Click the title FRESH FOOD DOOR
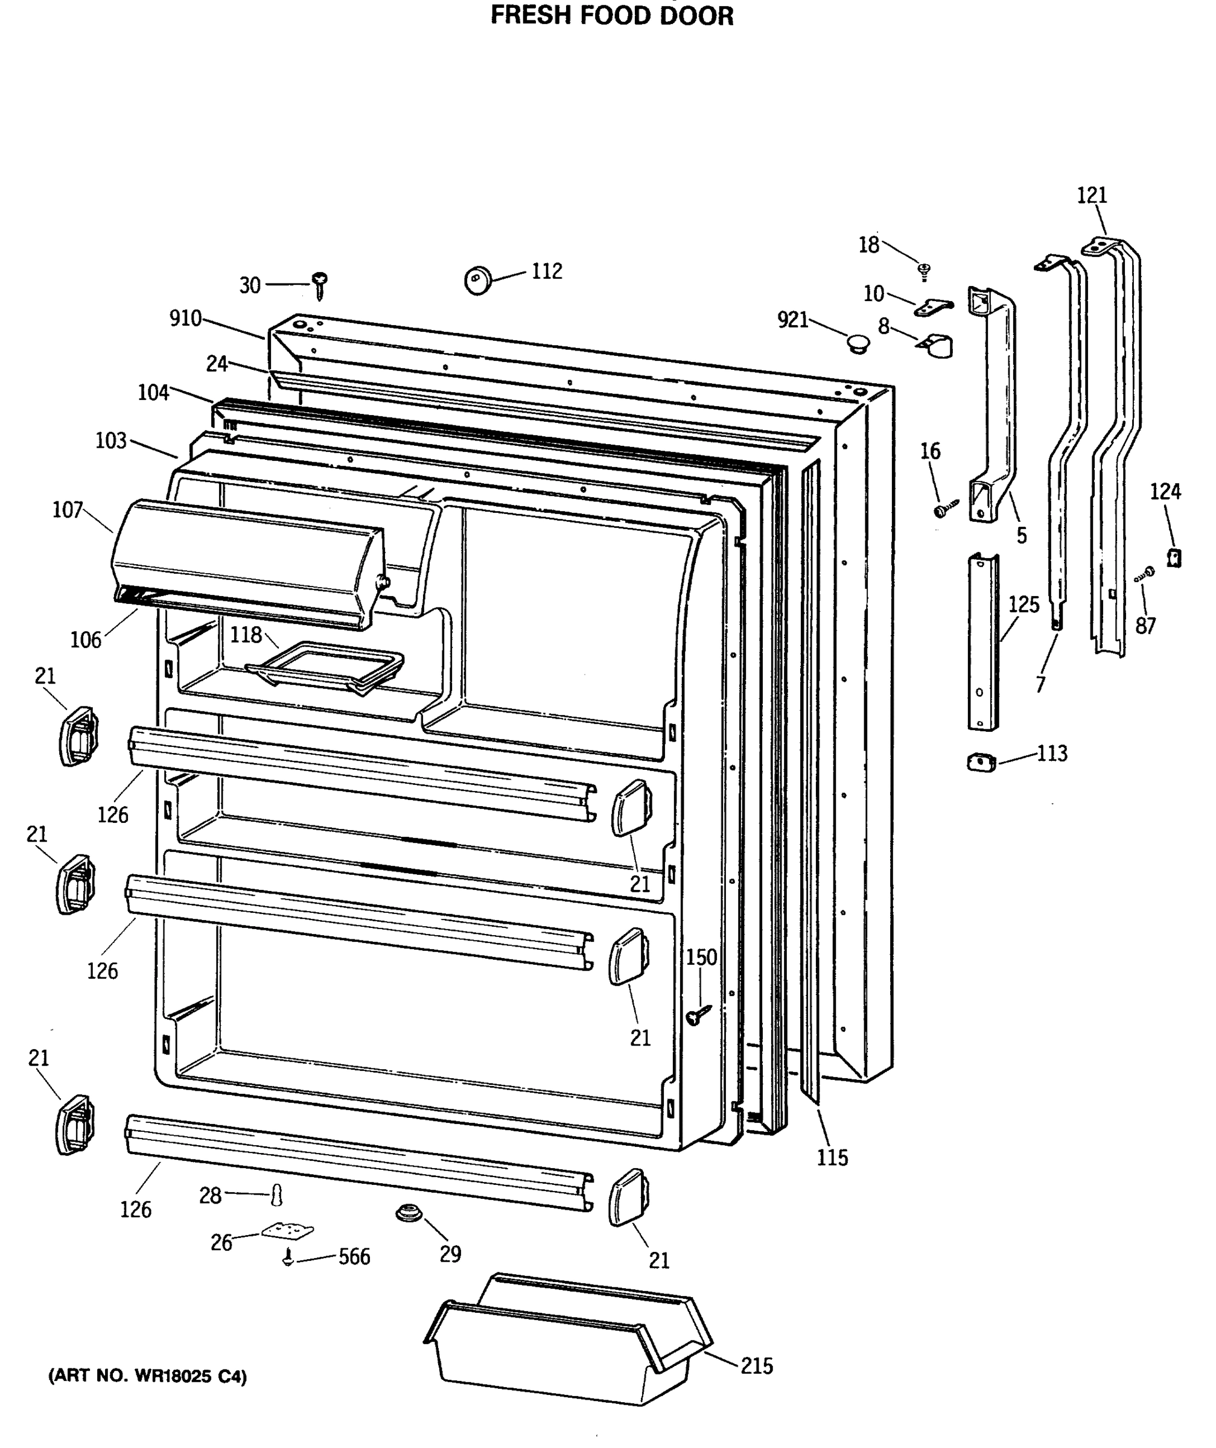pos(612,15)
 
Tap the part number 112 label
pos(546,271)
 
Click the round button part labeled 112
pos(477,279)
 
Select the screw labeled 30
pos(319,284)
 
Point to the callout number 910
pos(185,318)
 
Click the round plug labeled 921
pos(858,343)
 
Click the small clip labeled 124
pos(1174,556)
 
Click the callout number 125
pos(1023,605)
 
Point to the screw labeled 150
pos(698,1014)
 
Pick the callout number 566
pos(354,1257)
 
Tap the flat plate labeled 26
pos(287,1231)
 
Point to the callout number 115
pos(832,1158)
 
